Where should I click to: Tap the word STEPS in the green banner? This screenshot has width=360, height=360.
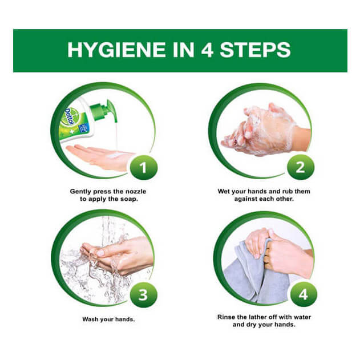tap(255, 50)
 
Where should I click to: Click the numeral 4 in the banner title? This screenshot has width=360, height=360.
tap(207, 50)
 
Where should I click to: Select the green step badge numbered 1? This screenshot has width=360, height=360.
tap(144, 168)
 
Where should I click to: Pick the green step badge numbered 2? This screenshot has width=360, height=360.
tap(301, 167)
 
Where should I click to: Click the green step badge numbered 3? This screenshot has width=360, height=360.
tap(143, 294)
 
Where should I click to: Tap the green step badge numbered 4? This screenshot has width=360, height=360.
tap(304, 294)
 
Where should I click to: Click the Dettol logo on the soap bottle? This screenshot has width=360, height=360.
tap(70, 117)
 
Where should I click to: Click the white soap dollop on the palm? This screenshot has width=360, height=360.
tap(115, 156)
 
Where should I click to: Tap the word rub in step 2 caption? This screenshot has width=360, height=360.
tap(288, 192)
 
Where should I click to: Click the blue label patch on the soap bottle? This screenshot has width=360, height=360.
tap(82, 129)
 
